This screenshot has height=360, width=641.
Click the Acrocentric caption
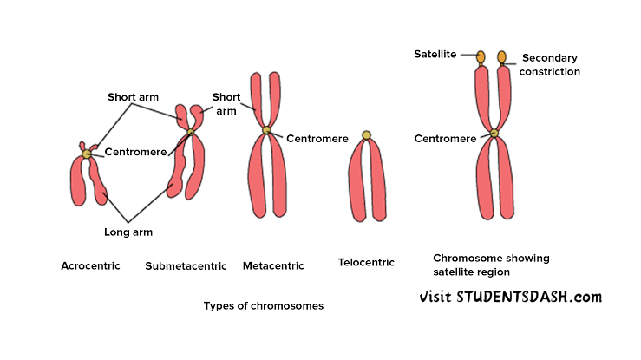pyautogui.click(x=90, y=265)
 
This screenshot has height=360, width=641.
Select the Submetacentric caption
pyautogui.click(x=186, y=266)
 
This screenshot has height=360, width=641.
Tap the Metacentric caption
pyautogui.click(x=273, y=266)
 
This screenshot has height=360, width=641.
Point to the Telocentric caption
pyautogui.click(x=366, y=262)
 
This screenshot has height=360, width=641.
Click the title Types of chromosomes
pyautogui.click(x=263, y=305)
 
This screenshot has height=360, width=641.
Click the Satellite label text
pyautogui.click(x=436, y=55)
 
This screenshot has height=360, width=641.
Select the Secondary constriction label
pyautogui.click(x=551, y=65)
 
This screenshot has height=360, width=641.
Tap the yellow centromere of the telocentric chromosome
pyautogui.click(x=367, y=135)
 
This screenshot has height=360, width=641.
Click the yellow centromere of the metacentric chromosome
pyautogui.click(x=266, y=132)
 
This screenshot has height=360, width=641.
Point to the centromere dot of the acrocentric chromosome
pyautogui.click(x=87, y=154)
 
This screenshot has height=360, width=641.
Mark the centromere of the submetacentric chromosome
pyautogui.click(x=191, y=133)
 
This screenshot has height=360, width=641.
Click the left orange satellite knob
pyautogui.click(x=481, y=57)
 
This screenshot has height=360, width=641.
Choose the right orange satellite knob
pyautogui.click(x=501, y=57)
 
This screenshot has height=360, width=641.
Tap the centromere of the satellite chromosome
pyautogui.click(x=494, y=134)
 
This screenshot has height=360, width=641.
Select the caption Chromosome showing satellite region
pyautogui.click(x=491, y=265)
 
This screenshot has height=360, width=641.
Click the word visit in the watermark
pyautogui.click(x=436, y=297)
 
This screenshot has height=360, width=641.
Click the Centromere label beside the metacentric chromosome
pyautogui.click(x=317, y=139)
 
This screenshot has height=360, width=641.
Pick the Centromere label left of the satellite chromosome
pyautogui.click(x=445, y=138)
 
